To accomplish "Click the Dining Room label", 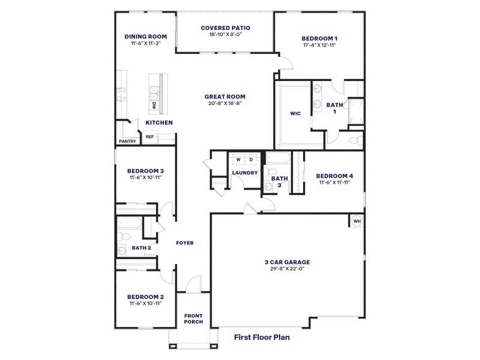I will coord(146,36).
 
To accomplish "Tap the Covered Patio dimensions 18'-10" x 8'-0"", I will coord(225,35).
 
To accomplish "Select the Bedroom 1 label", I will coord(319,38).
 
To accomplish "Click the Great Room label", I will coord(225,96).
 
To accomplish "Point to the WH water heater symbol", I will coord(356,220).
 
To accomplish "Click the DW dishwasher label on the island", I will coord(154,106).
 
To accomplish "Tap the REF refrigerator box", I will coord(150,137).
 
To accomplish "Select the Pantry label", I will coord(127,142).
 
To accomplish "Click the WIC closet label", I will coord(295,113).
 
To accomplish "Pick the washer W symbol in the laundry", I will coord(238,160).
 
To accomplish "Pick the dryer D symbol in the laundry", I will coord(251,160).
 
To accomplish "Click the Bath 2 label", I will coord(141,248).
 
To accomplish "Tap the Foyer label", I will coord(184,243).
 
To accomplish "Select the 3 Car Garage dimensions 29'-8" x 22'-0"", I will coord(287,269).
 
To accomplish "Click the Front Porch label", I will coord(193,319).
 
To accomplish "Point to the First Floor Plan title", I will coord(262,337).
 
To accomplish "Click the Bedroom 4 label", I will coord(334,176).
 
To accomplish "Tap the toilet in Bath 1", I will coord(355,140).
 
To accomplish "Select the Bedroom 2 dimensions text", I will coord(145,304).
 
